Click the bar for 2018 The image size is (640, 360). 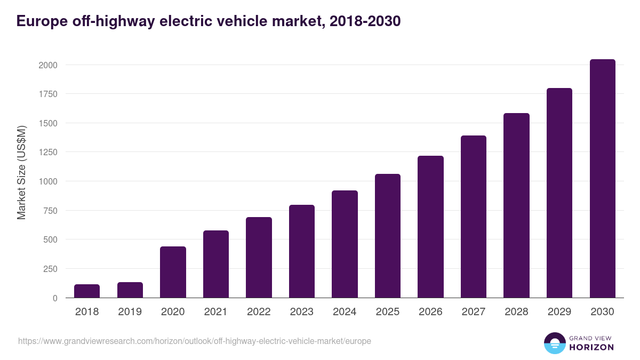click(x=87, y=291)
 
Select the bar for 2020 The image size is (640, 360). click(x=173, y=272)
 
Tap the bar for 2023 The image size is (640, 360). click(x=302, y=251)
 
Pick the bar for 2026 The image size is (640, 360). click(x=430, y=227)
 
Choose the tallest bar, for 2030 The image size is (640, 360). click(x=602, y=179)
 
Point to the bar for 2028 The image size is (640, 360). click(x=516, y=205)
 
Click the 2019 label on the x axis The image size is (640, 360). click(x=130, y=311)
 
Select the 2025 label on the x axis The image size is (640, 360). click(x=388, y=311)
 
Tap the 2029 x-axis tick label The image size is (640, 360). click(x=559, y=311)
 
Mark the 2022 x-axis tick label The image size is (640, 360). click(x=259, y=311)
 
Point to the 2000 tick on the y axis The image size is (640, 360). click(x=47, y=65)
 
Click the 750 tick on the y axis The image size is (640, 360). click(x=50, y=211)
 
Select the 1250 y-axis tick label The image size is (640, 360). click(x=47, y=153)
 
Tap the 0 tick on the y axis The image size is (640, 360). click(x=55, y=298)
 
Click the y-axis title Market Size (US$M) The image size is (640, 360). click(x=21, y=172)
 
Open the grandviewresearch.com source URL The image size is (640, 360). click(x=195, y=341)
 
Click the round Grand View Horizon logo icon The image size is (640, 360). click(x=555, y=343)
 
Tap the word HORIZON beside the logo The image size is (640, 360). click(x=592, y=347)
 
